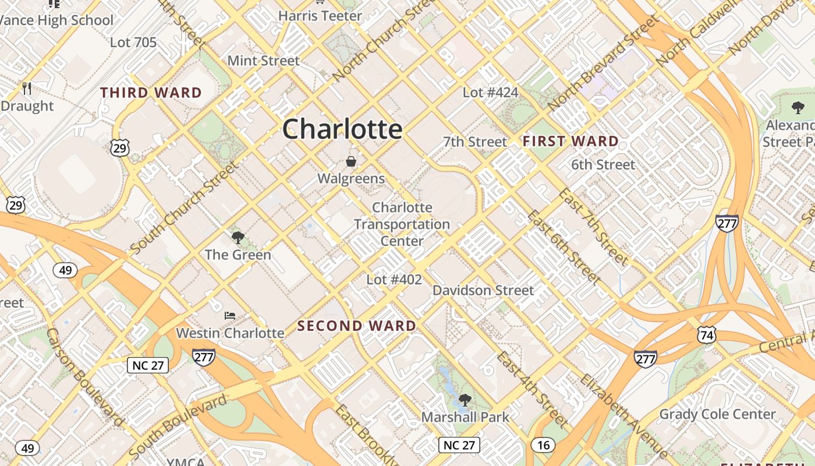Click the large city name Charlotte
[x=342, y=129]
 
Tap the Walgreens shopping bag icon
[x=351, y=161]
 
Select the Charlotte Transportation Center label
[x=402, y=224]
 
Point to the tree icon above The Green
[x=238, y=237]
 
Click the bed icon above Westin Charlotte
[x=230, y=316]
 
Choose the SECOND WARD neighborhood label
[x=357, y=326]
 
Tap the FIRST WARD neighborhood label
[x=570, y=141]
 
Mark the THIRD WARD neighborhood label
[x=151, y=93]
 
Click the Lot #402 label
[x=394, y=280]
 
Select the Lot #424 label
[x=490, y=92]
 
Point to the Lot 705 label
[x=133, y=42]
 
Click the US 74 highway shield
[x=707, y=334]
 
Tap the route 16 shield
[x=543, y=446]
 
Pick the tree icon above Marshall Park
[x=465, y=400]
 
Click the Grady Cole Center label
[x=717, y=414]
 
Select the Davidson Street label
[x=483, y=290]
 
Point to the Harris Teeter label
[x=320, y=16]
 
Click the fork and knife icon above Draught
[x=27, y=89]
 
